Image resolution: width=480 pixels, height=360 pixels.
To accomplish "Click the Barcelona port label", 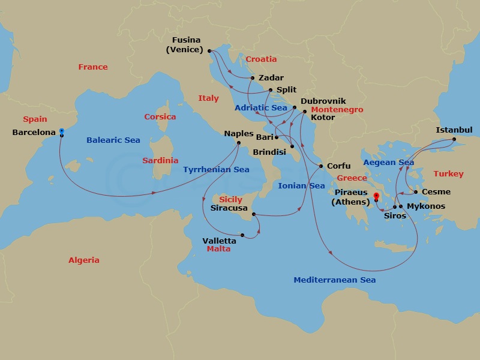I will pyautogui.click(x=34, y=132).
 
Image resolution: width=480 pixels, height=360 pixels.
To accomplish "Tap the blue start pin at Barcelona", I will pyautogui.click(x=61, y=131).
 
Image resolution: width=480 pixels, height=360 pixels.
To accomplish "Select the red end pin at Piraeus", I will pyautogui.click(x=376, y=196).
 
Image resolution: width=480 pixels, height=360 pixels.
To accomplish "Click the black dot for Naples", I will pyautogui.click(x=239, y=143).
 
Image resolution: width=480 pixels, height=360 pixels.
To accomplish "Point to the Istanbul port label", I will pyautogui.click(x=454, y=130).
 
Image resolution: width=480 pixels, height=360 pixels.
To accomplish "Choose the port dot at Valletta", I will pyautogui.click(x=242, y=235).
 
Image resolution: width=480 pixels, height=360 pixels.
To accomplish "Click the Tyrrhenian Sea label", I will pyautogui.click(x=216, y=170).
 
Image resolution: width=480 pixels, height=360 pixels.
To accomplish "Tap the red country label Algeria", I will pyautogui.click(x=84, y=260).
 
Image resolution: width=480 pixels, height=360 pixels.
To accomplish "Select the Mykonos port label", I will pyautogui.click(x=425, y=206).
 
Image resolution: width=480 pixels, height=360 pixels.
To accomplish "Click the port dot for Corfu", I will pyautogui.click(x=321, y=166).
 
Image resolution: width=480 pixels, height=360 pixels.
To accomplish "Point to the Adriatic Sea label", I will pyautogui.click(x=261, y=107).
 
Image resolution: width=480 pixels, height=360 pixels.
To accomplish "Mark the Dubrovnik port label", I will pyautogui.click(x=323, y=101).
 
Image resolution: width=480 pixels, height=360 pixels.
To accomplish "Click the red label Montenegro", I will pyautogui.click(x=337, y=110).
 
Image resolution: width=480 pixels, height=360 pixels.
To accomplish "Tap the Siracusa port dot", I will pyautogui.click(x=254, y=214).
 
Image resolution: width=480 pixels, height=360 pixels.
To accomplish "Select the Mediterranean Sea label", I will pyautogui.click(x=334, y=280).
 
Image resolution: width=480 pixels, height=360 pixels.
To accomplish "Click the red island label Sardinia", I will pyautogui.click(x=160, y=161).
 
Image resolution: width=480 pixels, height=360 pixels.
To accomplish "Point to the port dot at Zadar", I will pyautogui.click(x=253, y=78).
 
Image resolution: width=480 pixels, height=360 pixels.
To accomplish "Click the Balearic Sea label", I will pyautogui.click(x=113, y=140).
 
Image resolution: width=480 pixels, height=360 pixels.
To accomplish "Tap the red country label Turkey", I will pyautogui.click(x=448, y=174).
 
